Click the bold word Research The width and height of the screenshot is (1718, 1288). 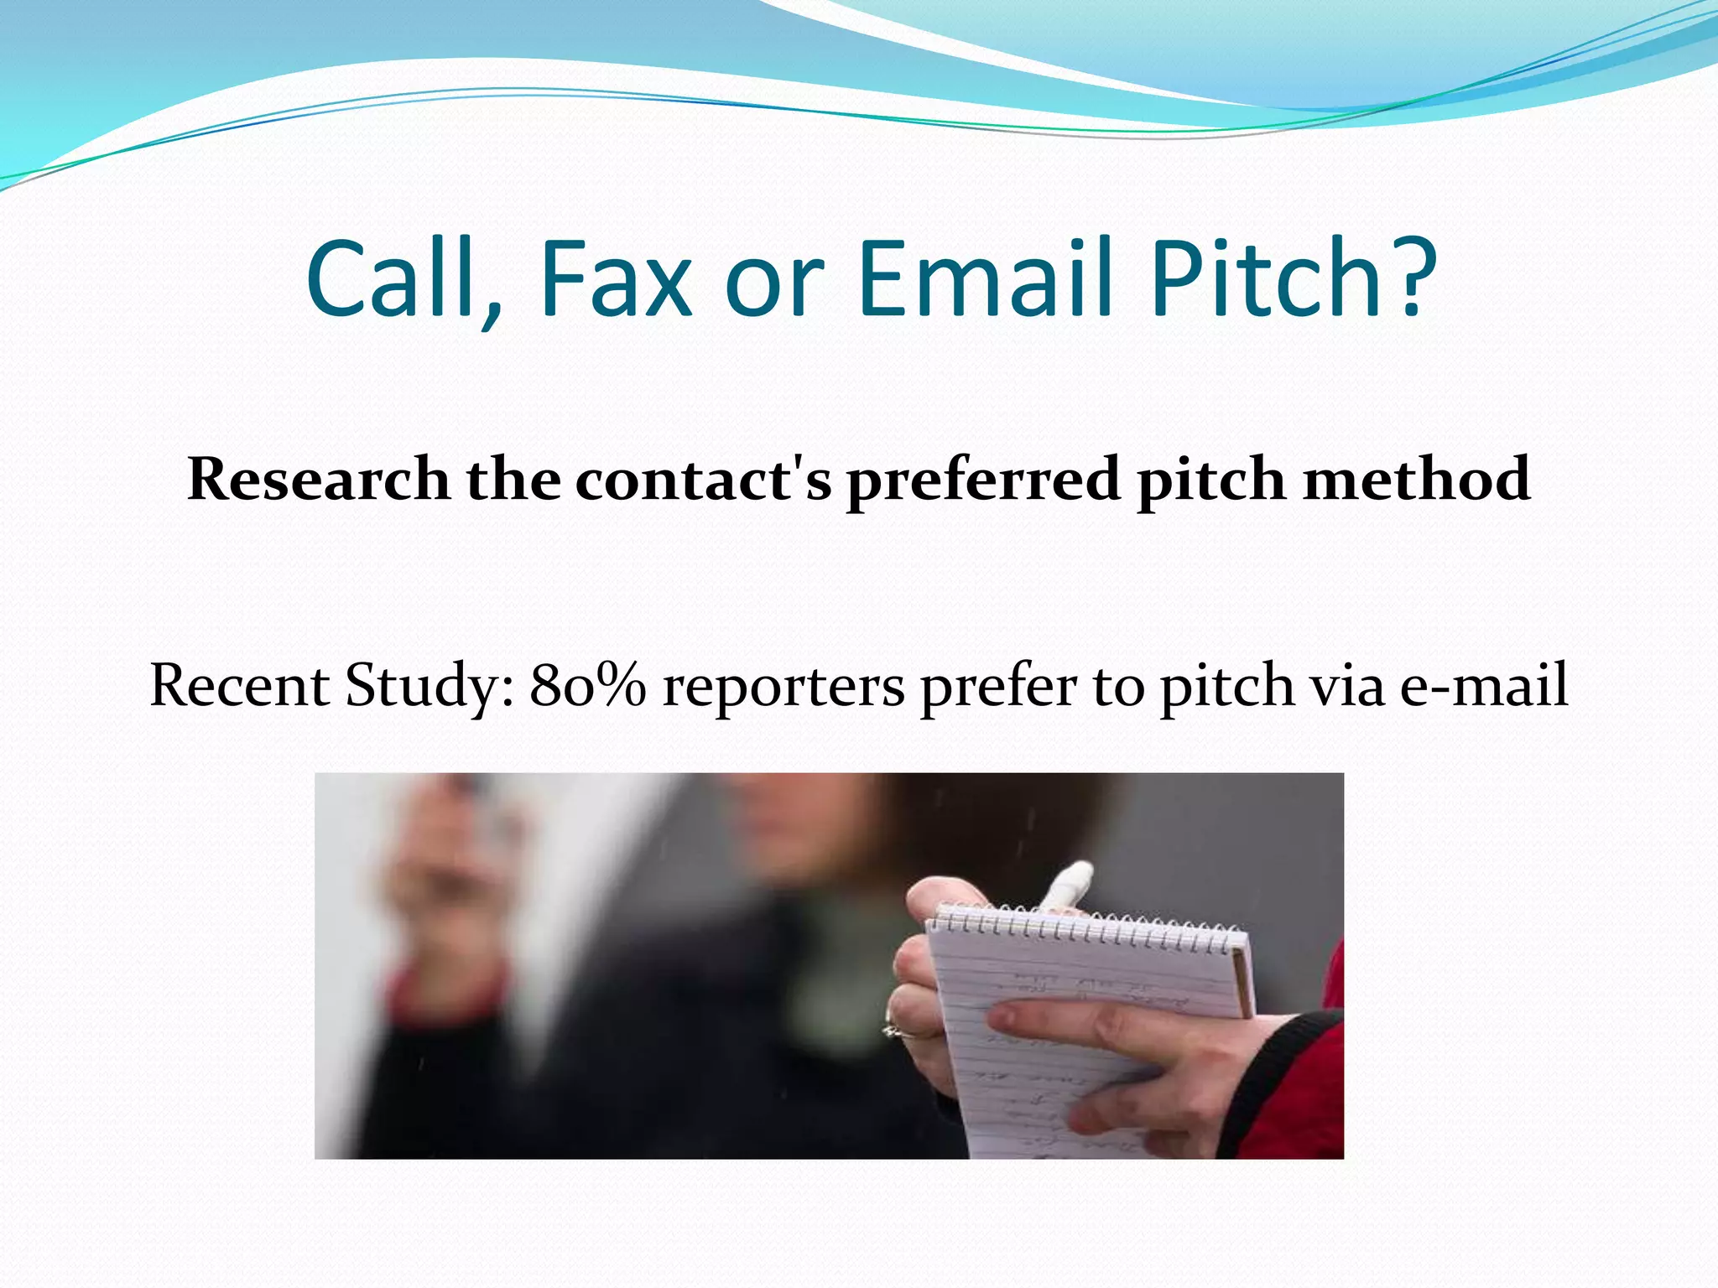319,479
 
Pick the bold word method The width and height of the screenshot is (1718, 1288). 1417,479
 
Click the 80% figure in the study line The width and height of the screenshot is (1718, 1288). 588,685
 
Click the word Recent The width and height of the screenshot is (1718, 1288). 239,685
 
